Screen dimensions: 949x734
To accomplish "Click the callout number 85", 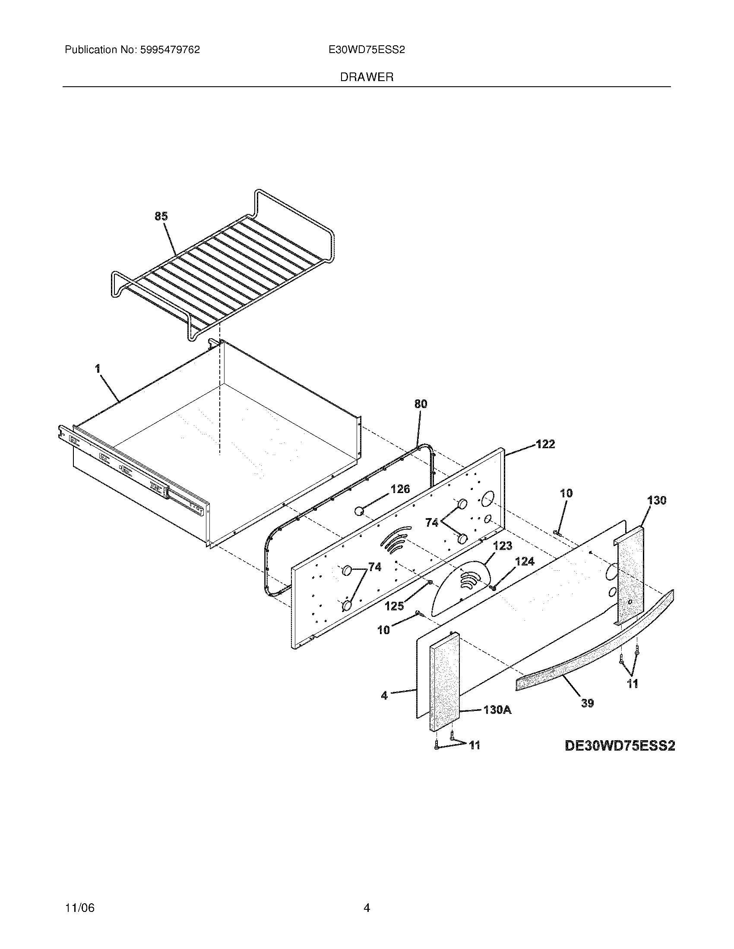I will [161, 217].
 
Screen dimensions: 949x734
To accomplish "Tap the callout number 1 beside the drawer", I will [98, 369].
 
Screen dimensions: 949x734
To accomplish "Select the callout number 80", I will [421, 404].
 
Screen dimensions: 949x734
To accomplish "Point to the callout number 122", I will [545, 444].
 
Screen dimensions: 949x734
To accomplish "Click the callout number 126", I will [400, 489].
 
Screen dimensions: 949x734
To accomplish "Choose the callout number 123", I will [503, 546].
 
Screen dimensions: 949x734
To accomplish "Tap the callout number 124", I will [525, 562].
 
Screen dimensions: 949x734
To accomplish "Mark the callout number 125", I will [394, 606].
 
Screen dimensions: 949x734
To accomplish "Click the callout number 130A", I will [497, 710].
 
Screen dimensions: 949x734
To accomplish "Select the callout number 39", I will [588, 703].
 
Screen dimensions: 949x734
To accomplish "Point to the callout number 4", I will [384, 696].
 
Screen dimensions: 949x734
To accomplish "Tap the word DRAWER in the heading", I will [367, 77].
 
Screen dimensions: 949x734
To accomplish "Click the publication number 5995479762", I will [170, 50].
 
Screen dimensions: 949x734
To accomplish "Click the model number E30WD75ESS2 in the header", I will [367, 50].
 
